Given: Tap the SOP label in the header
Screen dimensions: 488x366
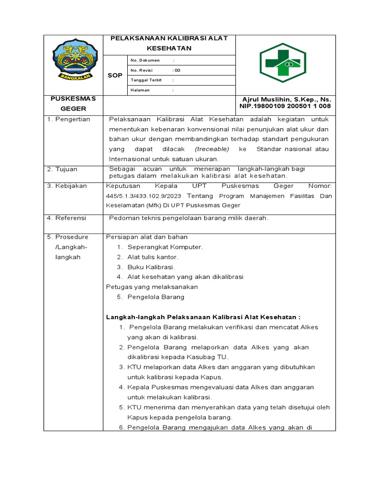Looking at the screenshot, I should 115,75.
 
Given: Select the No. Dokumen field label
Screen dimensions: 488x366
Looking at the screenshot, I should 145,61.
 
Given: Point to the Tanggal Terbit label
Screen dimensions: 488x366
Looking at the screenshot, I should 146,80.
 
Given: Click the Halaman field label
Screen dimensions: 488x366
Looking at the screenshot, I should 140,90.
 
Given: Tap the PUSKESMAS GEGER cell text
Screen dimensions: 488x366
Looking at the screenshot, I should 73,103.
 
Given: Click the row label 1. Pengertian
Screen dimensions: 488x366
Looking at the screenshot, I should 69,119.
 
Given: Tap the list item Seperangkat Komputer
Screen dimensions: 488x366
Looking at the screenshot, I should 165,247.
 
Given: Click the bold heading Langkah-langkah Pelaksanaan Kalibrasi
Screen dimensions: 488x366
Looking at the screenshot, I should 203,317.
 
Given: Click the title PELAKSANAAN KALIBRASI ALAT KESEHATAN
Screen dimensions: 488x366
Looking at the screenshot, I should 169,43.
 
